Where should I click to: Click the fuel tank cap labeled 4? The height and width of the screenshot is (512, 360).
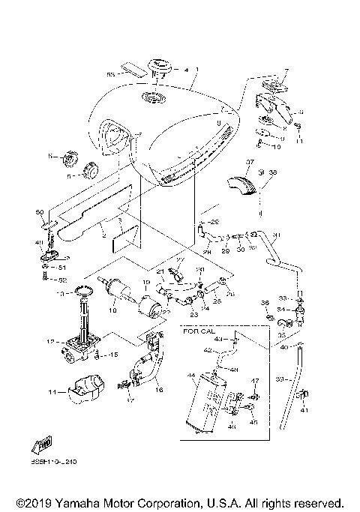click(x=159, y=68)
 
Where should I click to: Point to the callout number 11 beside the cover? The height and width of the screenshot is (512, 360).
click(x=52, y=391)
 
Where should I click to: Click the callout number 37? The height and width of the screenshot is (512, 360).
click(x=252, y=161)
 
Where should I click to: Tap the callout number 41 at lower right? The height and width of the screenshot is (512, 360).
click(x=304, y=411)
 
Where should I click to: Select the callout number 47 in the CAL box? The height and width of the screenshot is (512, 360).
click(x=254, y=382)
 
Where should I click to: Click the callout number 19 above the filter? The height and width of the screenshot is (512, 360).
click(x=146, y=284)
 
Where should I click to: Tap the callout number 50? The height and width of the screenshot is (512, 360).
click(x=40, y=213)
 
